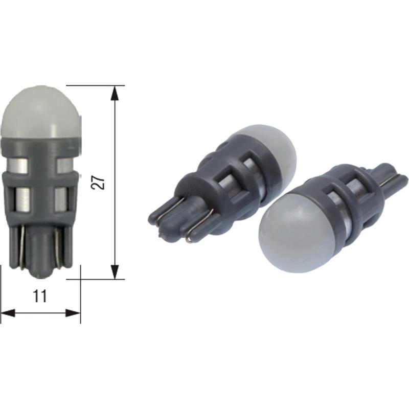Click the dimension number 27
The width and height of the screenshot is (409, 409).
click(x=98, y=182)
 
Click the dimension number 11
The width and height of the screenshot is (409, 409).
click(x=40, y=296)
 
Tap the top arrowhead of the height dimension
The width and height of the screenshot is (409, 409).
click(x=115, y=93)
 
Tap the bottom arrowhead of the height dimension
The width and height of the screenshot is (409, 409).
click(x=115, y=272)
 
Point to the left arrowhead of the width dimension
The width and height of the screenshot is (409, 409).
click(x=8, y=313)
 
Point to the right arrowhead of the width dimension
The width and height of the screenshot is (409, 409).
click(x=73, y=313)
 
